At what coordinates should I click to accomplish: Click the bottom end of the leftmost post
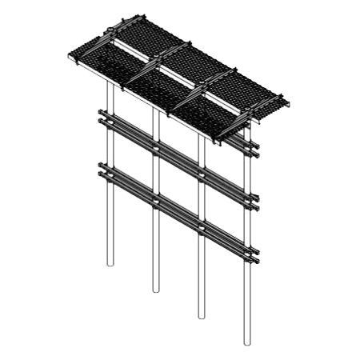[110, 266]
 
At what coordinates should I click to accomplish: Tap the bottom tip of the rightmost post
[246, 345]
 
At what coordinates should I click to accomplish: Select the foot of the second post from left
[155, 291]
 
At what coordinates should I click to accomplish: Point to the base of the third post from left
[201, 318]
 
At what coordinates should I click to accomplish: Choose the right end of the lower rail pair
[257, 258]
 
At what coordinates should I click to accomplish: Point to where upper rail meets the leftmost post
[110, 120]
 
